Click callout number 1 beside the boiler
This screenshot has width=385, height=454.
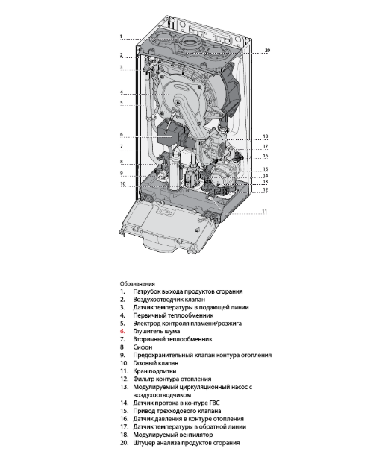tap(120, 37)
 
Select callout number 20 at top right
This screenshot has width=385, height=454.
tap(267, 51)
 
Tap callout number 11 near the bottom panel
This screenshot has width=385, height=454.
tap(264, 212)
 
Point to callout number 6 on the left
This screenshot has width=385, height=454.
tap(120, 135)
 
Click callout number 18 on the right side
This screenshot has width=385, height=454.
tap(264, 136)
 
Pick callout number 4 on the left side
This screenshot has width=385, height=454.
tap(120, 92)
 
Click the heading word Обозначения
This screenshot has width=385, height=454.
tap(137, 283)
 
